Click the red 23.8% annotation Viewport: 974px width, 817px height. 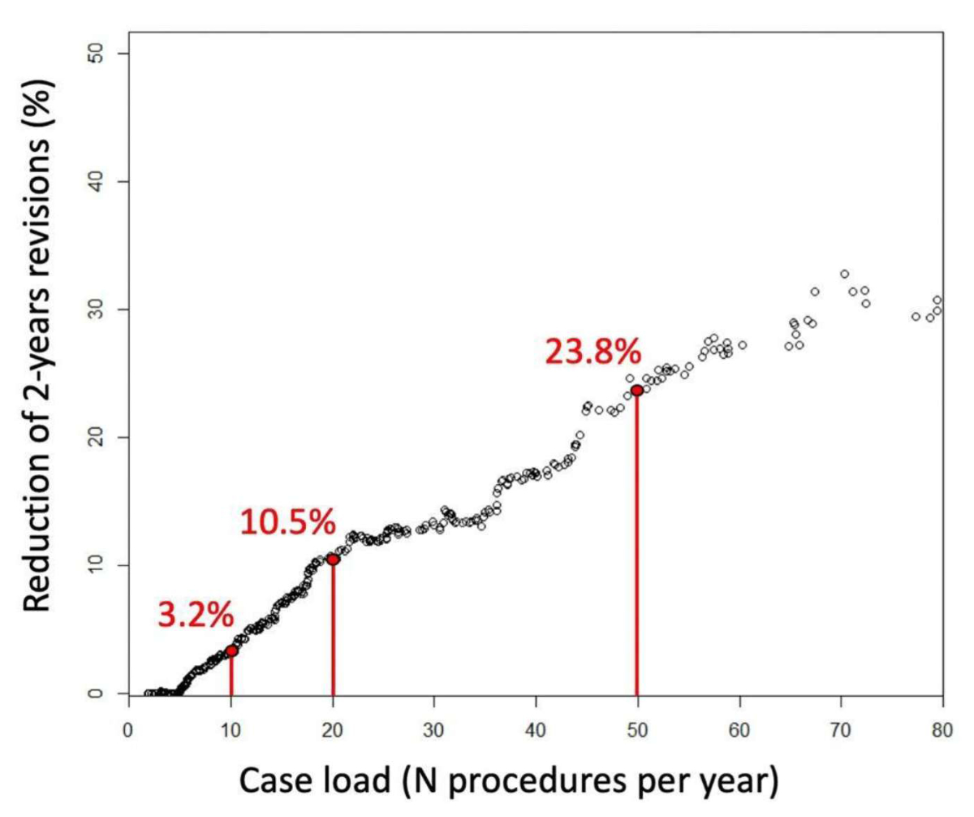(x=593, y=352)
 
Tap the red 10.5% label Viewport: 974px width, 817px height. (x=287, y=522)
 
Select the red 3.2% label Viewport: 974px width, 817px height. (x=195, y=616)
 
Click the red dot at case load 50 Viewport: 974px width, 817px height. (x=637, y=390)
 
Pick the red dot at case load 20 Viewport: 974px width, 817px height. (x=333, y=559)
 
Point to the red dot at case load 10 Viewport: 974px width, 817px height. (x=231, y=651)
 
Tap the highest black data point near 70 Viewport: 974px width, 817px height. (x=844, y=274)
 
